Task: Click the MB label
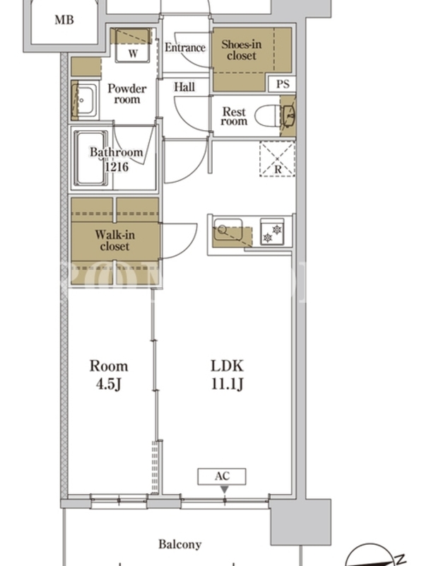(x=64, y=20)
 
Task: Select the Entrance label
(x=185, y=47)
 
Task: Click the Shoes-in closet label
(x=241, y=50)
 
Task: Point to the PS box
(x=283, y=84)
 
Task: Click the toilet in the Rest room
(x=268, y=116)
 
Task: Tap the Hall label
(x=184, y=86)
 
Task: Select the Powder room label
(x=127, y=93)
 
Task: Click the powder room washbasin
(x=86, y=100)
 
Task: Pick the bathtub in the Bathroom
(x=90, y=158)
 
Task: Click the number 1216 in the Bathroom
(x=117, y=167)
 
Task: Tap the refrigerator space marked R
(x=277, y=158)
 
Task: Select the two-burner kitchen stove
(x=272, y=232)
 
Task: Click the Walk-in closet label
(x=114, y=241)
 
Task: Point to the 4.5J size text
(x=108, y=383)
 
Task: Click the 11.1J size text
(x=227, y=383)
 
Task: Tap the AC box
(x=222, y=476)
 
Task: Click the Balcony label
(x=180, y=544)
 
